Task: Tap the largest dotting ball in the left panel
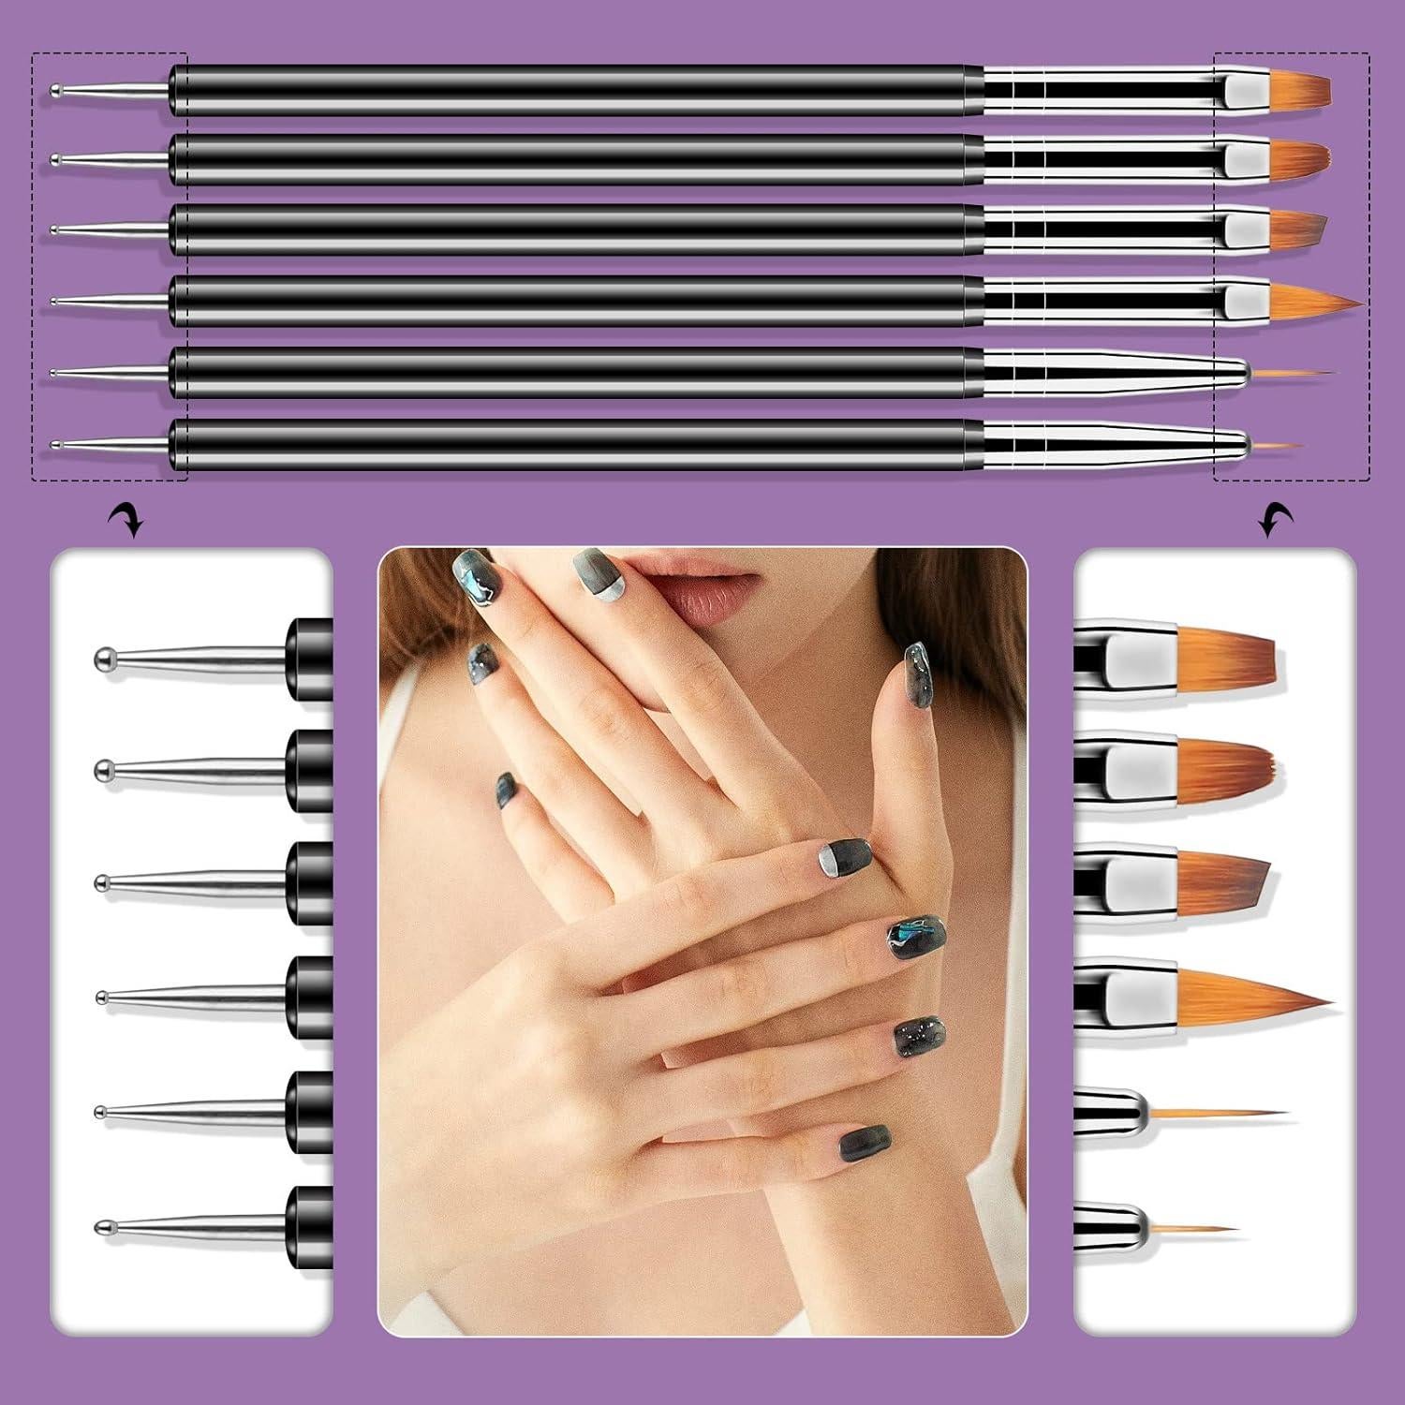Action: [x=105, y=659]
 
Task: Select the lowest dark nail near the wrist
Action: [x=864, y=1142]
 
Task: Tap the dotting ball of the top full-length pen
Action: [x=56, y=91]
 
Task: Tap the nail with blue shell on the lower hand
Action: [x=916, y=938]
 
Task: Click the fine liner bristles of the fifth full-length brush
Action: [x=1288, y=374]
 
